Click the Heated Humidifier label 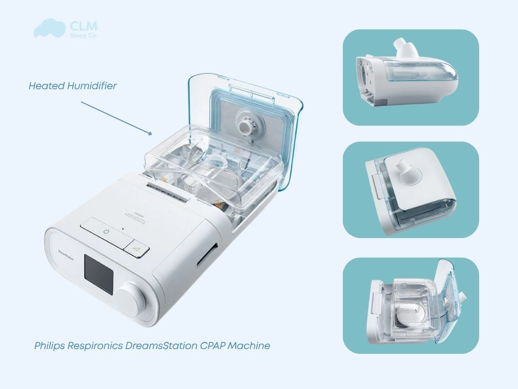click(73, 86)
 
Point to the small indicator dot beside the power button click(123, 228)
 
